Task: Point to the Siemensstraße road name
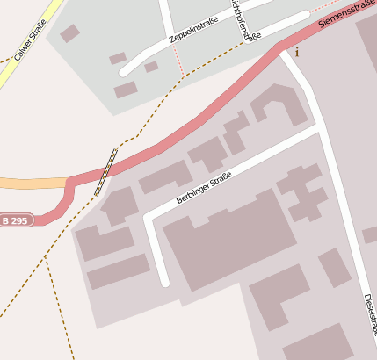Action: pyautogui.click(x=346, y=13)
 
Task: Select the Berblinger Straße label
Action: pyautogui.click(x=203, y=188)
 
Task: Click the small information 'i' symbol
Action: pyautogui.click(x=297, y=52)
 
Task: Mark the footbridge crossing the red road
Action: pyautogui.click(x=106, y=170)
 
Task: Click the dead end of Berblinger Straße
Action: pyautogui.click(x=163, y=281)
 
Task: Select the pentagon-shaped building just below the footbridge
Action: pyautogui.click(x=119, y=206)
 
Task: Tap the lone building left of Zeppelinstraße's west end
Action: pyautogui.click(x=69, y=33)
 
